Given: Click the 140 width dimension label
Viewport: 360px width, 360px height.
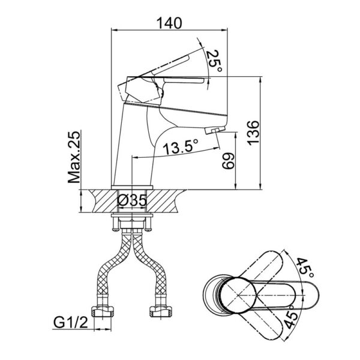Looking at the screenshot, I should tap(170, 23).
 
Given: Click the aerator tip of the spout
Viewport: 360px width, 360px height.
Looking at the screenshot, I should tap(214, 130).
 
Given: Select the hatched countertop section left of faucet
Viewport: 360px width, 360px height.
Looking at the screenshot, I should tap(99, 199).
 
